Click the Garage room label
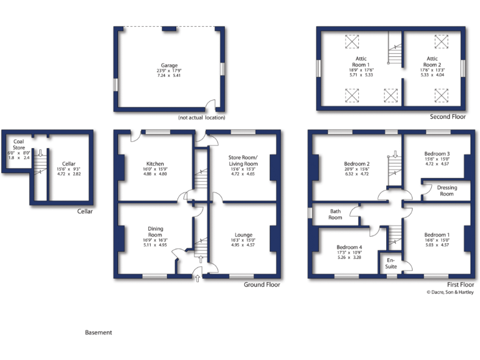coord(169,65)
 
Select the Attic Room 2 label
coord(432,61)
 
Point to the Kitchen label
coord(155,164)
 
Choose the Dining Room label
coord(155,232)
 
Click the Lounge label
coord(244,235)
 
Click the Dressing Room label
coord(446,191)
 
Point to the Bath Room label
coord(336,214)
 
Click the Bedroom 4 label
coord(350,247)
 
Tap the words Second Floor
coord(447,117)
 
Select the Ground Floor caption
coord(262,284)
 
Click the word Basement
coord(98,332)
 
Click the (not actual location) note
coord(201,117)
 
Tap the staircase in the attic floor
coord(394,52)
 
